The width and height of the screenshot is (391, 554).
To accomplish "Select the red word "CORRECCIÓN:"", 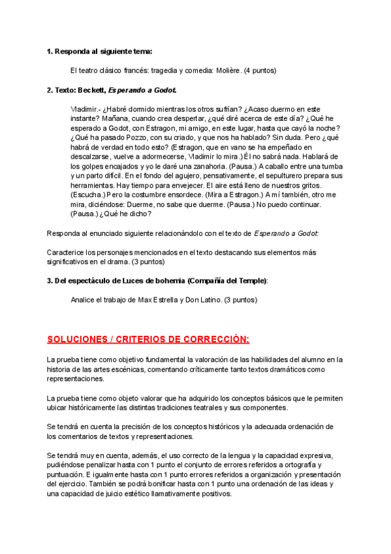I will pyautogui.click(x=215, y=339).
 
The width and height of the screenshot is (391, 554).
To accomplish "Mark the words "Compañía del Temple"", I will pyautogui.click(x=227, y=280).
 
